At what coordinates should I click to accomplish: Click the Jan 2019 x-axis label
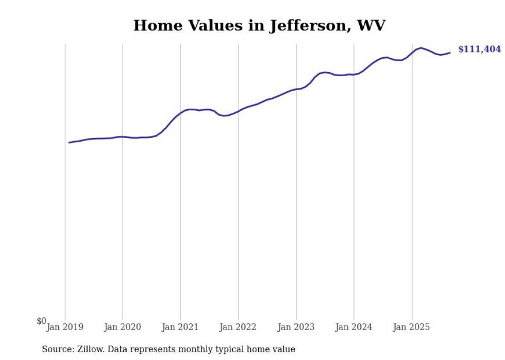[65, 327]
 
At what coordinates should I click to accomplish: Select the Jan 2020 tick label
[123, 327]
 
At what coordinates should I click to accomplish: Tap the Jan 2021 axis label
[180, 327]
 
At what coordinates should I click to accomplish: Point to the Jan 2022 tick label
[238, 327]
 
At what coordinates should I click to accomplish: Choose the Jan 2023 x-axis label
[296, 327]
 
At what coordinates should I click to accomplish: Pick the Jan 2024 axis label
[353, 327]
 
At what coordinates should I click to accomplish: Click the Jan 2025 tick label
[411, 327]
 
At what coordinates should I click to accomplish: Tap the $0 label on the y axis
[41, 321]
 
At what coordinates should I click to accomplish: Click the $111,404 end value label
[479, 49]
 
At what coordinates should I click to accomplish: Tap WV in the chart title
[371, 25]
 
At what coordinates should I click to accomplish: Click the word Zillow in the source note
[90, 349]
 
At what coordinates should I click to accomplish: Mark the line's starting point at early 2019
[69, 143]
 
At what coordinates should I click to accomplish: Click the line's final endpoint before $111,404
[450, 53]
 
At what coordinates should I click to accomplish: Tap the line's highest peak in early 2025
[421, 48]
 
